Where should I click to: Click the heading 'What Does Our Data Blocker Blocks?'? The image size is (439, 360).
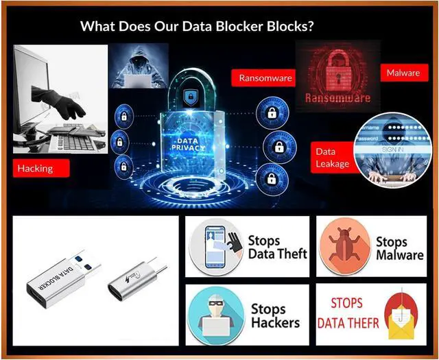pos(197,27)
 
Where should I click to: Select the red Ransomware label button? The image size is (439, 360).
pos(264,77)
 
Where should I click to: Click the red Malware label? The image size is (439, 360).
pos(403,73)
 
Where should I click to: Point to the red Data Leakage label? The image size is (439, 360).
pos(333,157)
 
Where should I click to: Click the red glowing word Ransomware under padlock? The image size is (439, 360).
pos(337,97)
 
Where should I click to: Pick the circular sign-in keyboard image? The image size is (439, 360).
pos(390,147)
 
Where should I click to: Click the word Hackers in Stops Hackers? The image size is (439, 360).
pos(275,322)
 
